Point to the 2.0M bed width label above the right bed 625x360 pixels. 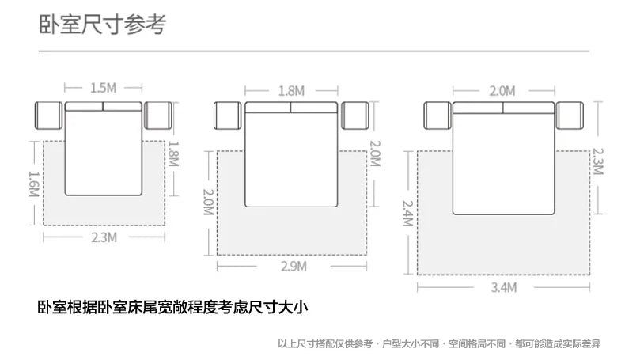coord(501,90)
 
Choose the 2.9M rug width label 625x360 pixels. coord(293,267)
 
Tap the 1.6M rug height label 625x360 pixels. coord(33,187)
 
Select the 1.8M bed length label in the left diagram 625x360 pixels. coord(175,156)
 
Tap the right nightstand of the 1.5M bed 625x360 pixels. coord(158,116)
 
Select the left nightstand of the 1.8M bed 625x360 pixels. coord(228,116)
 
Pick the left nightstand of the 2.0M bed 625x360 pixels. coord(437,116)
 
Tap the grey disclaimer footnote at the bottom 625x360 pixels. coord(439,343)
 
